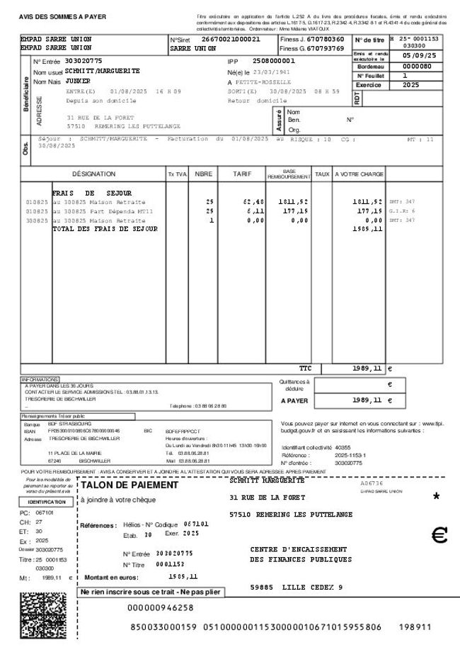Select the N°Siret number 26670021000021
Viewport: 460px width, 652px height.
pyautogui.click(x=231, y=39)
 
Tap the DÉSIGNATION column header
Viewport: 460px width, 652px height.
pyautogui.click(x=93, y=174)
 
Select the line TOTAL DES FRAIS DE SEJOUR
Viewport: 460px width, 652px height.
pyautogui.click(x=105, y=229)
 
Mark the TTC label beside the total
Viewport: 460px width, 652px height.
pyautogui.click(x=305, y=369)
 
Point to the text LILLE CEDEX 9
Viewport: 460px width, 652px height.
pyautogui.click(x=312, y=588)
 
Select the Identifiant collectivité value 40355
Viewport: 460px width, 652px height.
pyautogui.click(x=343, y=448)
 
